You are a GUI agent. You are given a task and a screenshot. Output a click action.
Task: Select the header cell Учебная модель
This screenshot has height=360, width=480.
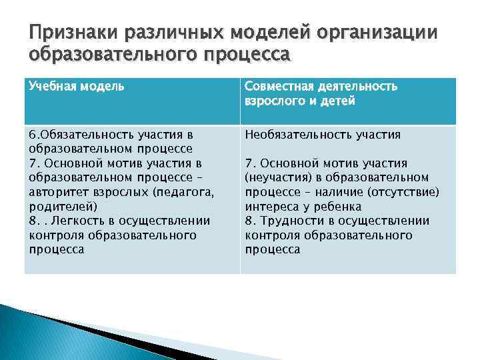tap(76, 87)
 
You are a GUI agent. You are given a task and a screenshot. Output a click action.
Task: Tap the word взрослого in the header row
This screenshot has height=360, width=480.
tap(274, 101)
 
